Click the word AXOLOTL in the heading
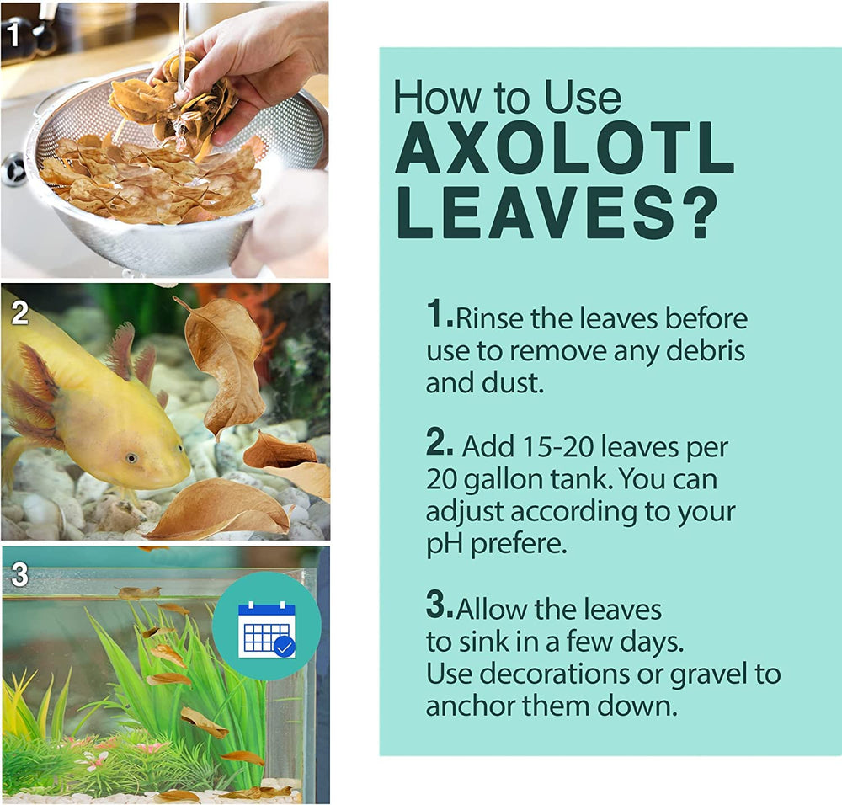564,147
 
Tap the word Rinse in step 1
489,318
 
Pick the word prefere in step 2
519,544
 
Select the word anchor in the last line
471,706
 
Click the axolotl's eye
131,458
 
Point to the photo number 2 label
20,312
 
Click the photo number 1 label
13,34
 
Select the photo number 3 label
20,574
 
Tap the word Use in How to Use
582,98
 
